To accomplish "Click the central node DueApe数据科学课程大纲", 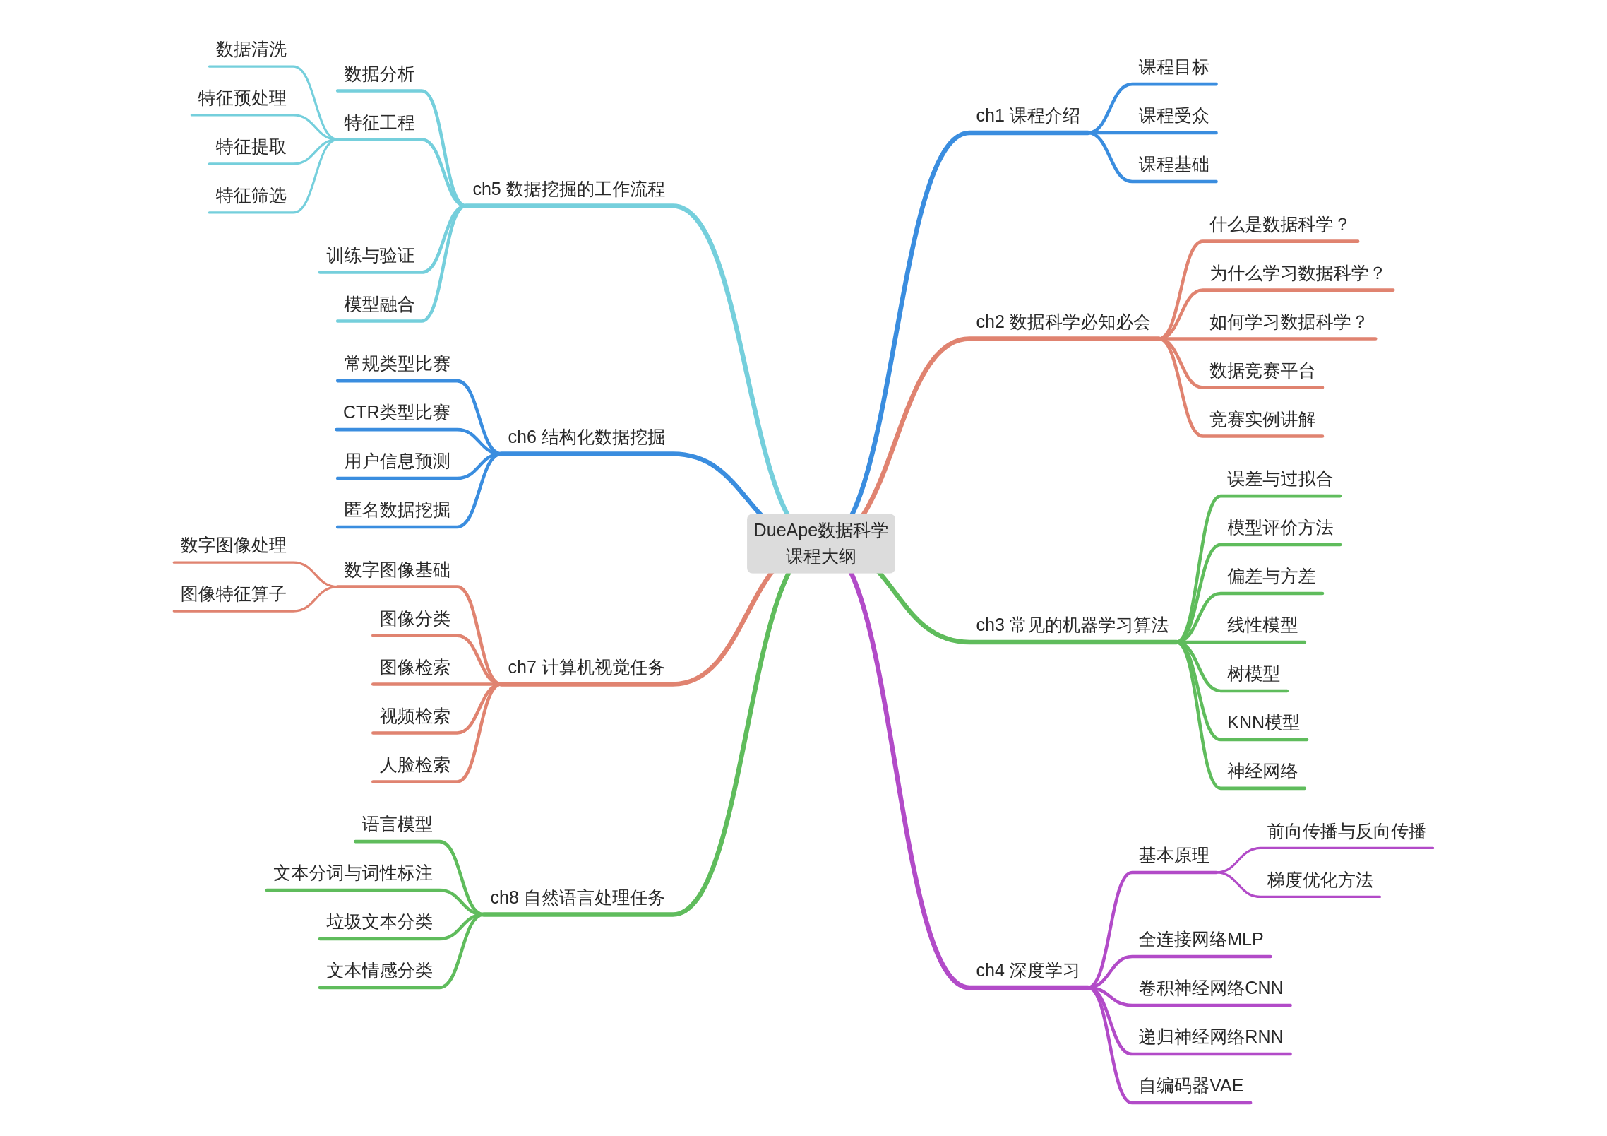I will point(820,543).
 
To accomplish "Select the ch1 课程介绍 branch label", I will point(1027,116).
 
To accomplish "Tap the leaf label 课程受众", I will point(1173,116).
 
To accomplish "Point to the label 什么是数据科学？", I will point(1279,225).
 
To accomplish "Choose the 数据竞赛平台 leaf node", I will point(1262,371).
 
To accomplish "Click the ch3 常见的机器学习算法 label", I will point(1072,625).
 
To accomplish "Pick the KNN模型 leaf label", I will point(1262,723).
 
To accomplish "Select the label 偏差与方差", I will point(1271,576).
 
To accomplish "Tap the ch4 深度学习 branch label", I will point(1027,971).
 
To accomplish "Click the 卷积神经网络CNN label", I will point(1210,988).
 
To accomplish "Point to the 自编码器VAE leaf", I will point(1190,1086).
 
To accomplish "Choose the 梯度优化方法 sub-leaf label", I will point(1320,880).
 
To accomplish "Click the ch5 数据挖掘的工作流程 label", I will point(568,189).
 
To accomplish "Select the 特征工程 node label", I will point(379,123).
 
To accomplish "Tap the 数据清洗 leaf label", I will point(251,49).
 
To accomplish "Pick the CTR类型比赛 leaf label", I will point(396,413).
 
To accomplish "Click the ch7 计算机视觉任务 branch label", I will point(586,668).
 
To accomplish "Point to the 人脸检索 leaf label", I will point(414,765).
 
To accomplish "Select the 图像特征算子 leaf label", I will point(233,594).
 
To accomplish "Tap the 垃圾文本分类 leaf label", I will point(379,922).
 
